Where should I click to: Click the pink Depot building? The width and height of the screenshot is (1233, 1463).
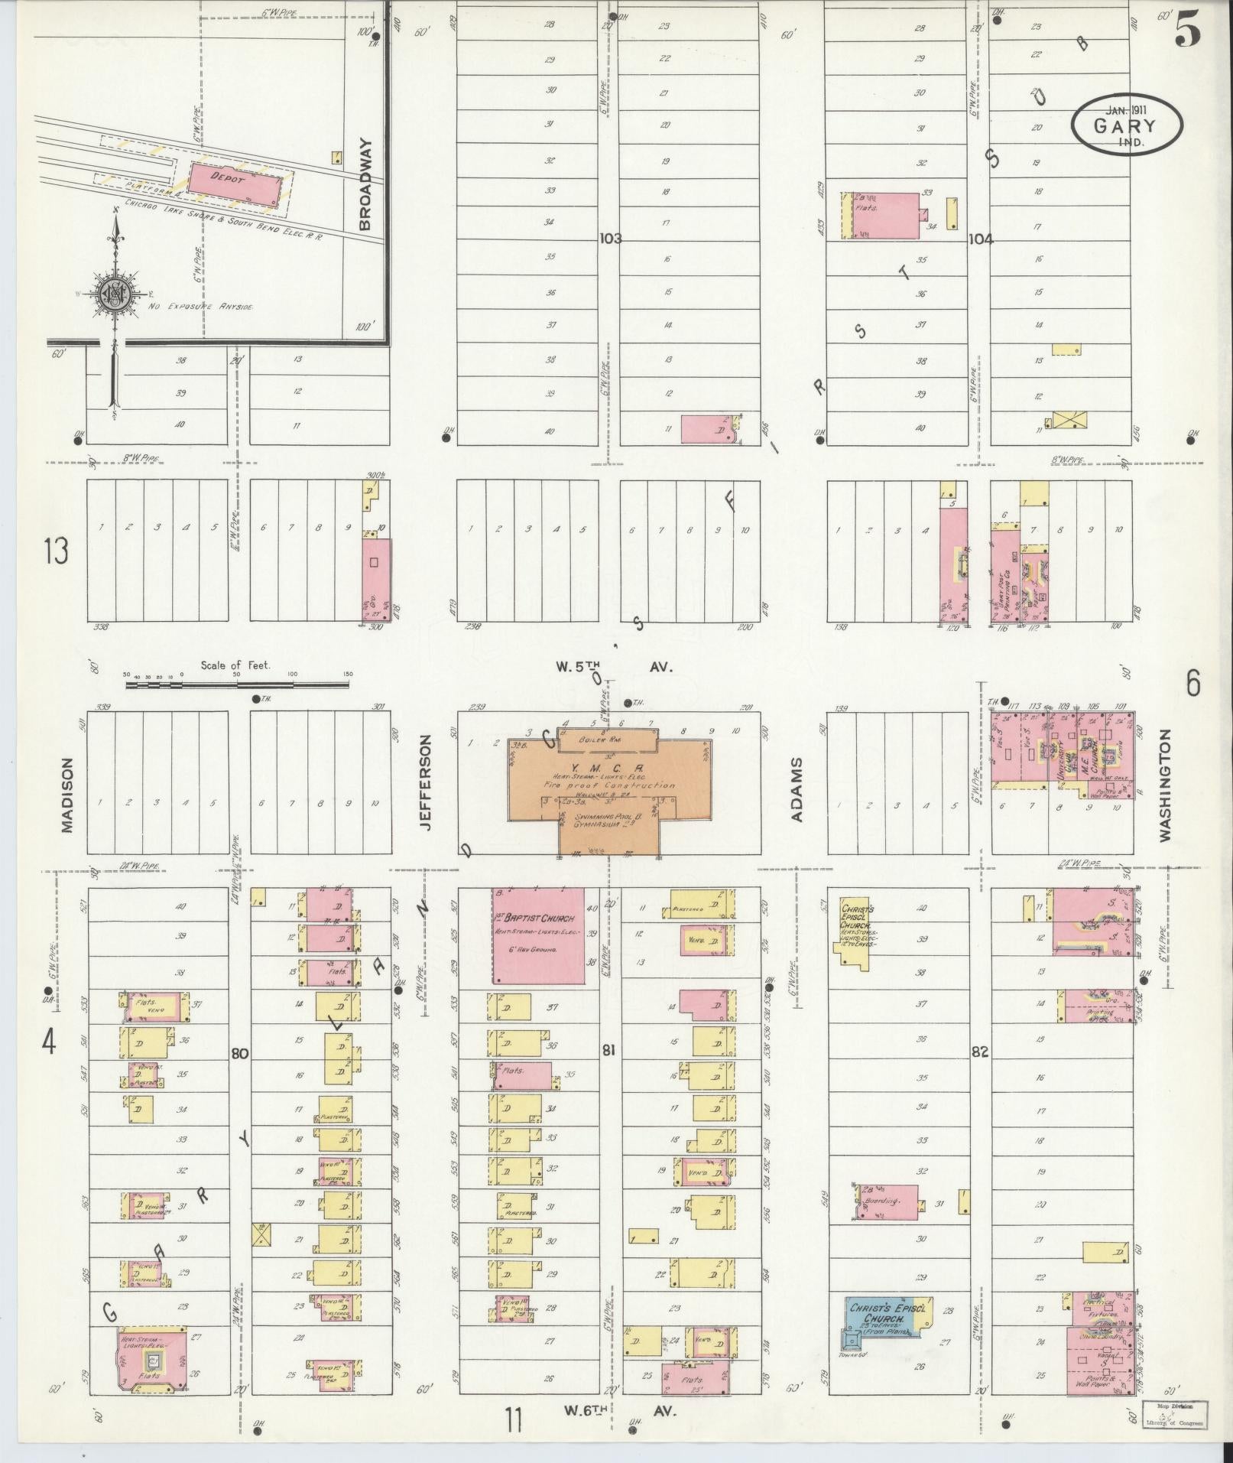[240, 184]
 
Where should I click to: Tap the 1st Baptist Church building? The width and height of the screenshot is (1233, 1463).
[538, 935]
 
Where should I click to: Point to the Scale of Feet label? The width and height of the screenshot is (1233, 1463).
[235, 665]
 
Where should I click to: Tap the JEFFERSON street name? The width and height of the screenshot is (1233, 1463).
[426, 783]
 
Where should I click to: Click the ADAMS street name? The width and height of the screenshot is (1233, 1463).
[797, 789]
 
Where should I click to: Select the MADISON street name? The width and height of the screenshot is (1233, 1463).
[67, 795]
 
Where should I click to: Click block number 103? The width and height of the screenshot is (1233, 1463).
[611, 239]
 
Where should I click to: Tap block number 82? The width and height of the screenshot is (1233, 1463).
[979, 1052]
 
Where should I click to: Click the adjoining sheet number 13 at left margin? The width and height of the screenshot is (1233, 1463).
[56, 551]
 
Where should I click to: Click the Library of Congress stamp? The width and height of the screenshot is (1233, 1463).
[1175, 1413]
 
